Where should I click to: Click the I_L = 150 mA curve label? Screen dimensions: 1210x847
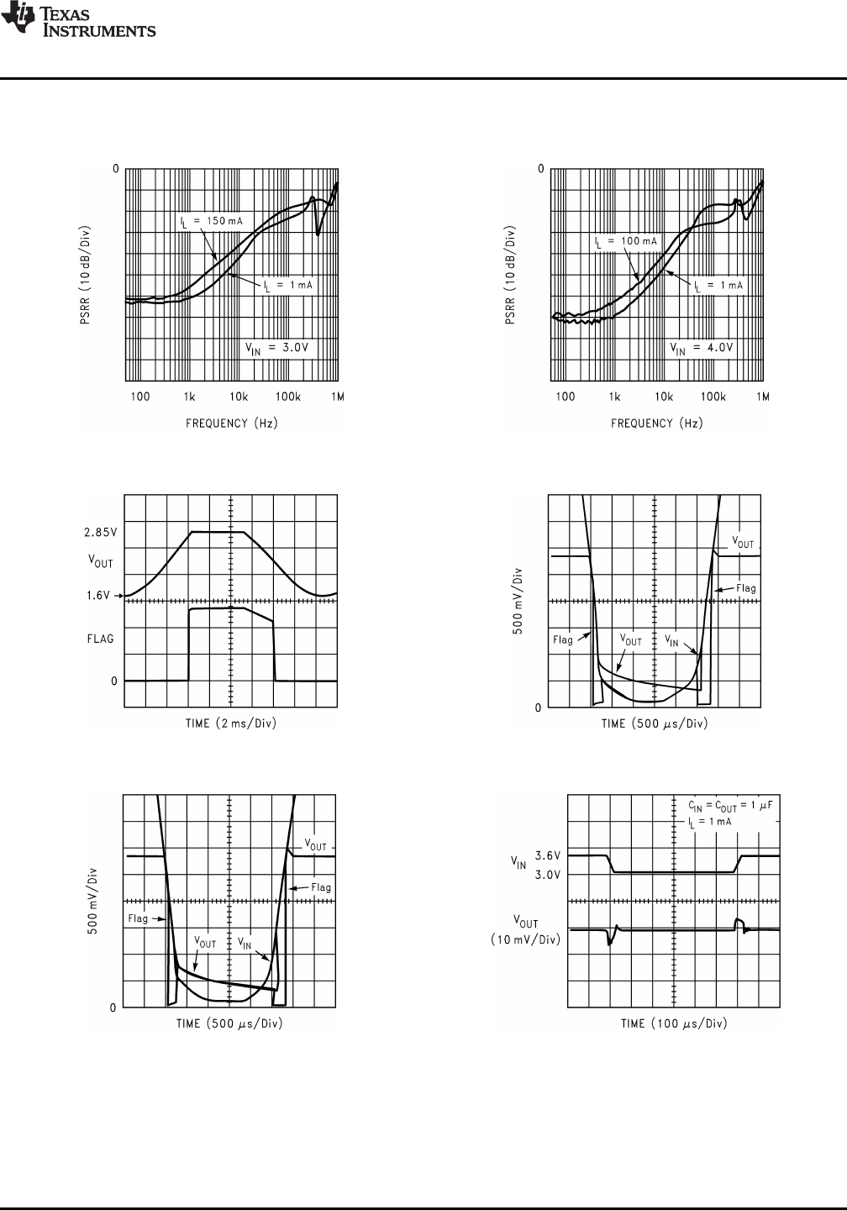pos(212,221)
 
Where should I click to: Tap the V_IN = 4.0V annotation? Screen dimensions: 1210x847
pos(703,347)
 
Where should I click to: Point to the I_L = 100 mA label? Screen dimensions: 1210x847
pos(626,241)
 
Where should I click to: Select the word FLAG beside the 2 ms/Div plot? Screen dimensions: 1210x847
pos(100,639)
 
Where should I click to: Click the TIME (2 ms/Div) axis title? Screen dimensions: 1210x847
pos(231,723)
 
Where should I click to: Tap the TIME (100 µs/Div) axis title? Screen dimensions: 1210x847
pos(674,1023)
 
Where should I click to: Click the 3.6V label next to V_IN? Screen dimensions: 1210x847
pos(548,855)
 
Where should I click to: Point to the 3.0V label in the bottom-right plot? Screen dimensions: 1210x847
pos(548,874)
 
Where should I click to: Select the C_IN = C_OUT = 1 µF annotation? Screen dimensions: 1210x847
pos(723,805)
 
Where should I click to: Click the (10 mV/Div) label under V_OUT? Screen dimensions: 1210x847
pos(525,939)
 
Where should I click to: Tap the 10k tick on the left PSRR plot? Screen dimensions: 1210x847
pos(239,397)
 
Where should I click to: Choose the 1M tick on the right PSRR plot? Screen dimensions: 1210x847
pos(763,397)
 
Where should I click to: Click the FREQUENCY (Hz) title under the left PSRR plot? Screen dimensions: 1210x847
pos(232,423)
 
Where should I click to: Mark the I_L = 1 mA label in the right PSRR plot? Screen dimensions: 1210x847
pos(718,286)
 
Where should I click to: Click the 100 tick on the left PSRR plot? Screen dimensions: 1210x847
pos(139,397)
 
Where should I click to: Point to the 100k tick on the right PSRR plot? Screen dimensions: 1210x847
pos(713,397)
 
